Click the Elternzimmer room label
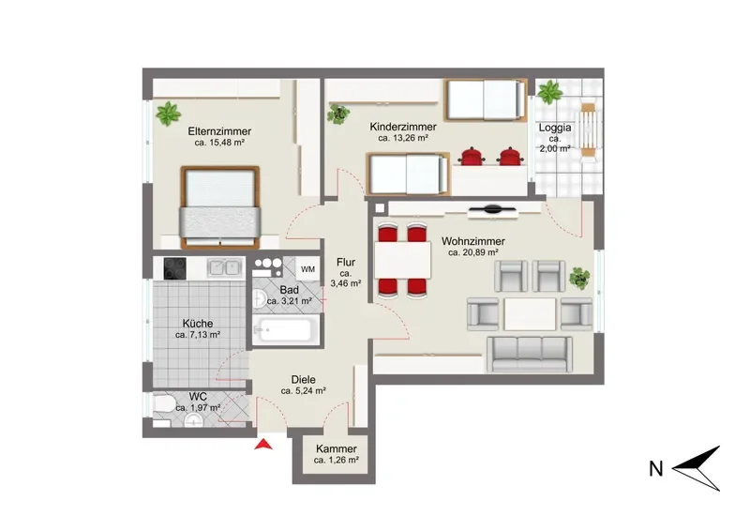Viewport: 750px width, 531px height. pos(219,131)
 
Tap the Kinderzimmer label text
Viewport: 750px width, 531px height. pos(403,127)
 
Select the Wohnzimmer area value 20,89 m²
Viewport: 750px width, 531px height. pos(473,252)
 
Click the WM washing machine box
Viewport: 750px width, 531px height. pos(308,269)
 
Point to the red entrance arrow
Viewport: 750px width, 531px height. pos(263,445)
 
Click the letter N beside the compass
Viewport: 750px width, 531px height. pos(655,469)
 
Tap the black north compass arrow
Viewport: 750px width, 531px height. pos(697,468)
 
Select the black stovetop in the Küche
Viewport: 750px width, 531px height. pos(174,268)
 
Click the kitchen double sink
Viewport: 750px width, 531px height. pos(224,267)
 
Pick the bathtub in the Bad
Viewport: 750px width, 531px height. pos(286,329)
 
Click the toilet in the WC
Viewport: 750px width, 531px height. pos(165,404)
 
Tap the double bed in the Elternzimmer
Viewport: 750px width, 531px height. pos(220,207)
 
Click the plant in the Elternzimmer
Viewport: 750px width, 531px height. pos(168,114)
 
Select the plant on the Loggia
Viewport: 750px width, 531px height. pos(549,92)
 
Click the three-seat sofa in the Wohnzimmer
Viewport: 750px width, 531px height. pos(530,355)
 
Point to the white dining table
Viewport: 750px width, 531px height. pos(403,260)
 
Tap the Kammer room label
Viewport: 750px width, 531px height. pos(337,449)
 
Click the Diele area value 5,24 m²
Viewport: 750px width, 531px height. pos(303,390)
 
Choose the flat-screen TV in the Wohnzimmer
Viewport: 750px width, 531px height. pos(492,209)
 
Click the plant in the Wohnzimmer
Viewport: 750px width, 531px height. pos(580,279)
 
